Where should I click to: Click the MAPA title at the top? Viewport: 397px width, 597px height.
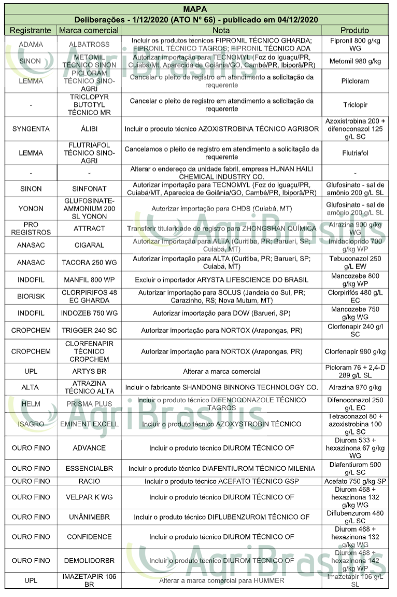point(195,9)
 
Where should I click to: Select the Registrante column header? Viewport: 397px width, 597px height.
point(31,30)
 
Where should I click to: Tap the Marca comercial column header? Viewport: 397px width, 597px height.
point(89,30)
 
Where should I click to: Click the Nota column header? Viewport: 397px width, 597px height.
point(221,30)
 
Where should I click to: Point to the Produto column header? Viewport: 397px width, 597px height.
point(355,30)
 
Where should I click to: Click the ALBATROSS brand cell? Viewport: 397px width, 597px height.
point(89,45)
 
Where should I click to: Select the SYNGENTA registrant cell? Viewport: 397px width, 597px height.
point(31,129)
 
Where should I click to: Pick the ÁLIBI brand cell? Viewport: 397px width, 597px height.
point(89,129)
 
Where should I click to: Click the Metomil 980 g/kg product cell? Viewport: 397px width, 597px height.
point(355,61)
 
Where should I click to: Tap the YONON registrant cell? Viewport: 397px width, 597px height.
point(31,209)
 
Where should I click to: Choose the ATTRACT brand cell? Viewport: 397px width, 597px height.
point(89,228)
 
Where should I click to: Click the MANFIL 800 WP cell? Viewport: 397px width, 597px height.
point(89,280)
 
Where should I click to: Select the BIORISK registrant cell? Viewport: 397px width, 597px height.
point(31,296)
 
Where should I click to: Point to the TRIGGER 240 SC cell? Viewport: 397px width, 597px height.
point(89,330)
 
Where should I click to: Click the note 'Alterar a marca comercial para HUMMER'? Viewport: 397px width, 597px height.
point(221,580)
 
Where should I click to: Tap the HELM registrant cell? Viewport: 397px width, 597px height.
point(31,404)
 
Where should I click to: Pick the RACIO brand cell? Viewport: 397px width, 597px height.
point(89,481)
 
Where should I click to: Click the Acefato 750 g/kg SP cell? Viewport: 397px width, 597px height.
point(355,481)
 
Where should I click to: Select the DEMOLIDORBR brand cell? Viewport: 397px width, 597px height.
point(89,561)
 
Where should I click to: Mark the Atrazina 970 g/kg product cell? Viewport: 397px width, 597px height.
point(355,387)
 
